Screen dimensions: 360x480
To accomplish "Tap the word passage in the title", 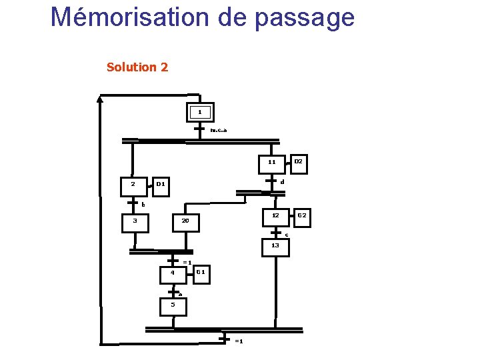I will pos(304,18).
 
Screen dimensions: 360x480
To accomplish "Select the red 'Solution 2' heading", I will pos(137,67).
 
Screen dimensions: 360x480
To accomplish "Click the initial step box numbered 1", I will pos(200,111).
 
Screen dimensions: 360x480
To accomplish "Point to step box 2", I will pos(133,184).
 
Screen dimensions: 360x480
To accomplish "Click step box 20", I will pos(186,221).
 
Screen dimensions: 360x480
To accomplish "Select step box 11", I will pos(272,162).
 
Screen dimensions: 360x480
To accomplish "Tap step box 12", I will pos(275,216).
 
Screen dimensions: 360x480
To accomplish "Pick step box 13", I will pos(275,246).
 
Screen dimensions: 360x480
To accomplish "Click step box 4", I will pos(172,273).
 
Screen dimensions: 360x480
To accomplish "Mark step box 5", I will pos(173,305).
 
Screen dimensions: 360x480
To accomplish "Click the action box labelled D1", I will pos(161,185).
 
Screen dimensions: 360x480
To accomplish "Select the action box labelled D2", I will pos(298,161).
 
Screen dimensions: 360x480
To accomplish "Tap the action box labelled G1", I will pos(201,273).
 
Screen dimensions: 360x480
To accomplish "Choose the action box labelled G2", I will pos(301,216).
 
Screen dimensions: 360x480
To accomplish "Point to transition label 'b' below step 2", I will pos(143,205).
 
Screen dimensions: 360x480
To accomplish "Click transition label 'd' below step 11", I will pos(282,182).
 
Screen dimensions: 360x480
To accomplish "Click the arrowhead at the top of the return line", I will pos(100,99).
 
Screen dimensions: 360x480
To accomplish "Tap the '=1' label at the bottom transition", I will pos(239,341).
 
